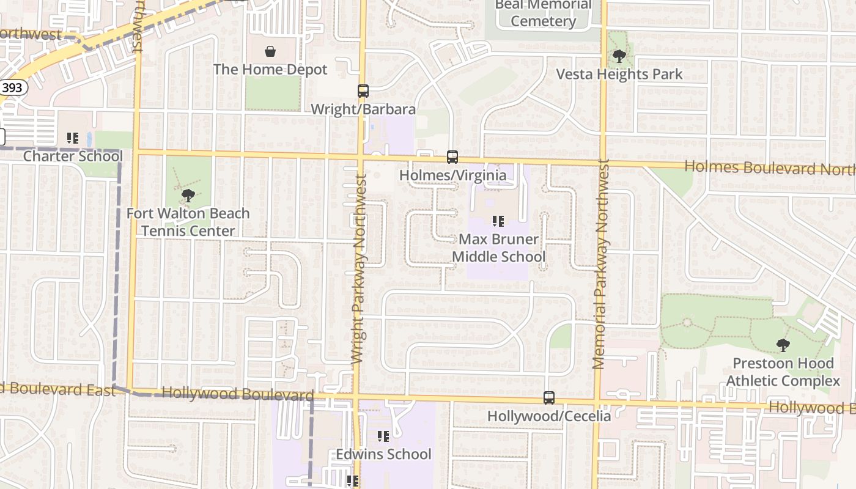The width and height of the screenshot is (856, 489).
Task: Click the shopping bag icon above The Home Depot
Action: (270, 51)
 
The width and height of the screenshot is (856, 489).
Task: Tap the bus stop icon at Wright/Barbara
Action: (363, 91)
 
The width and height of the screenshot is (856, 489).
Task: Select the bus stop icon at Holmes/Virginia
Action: (452, 157)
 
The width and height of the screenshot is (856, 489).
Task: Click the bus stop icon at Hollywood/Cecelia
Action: (549, 398)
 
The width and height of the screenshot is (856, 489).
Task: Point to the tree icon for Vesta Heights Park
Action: (619, 57)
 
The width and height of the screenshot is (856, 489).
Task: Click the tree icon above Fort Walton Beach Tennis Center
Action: (188, 196)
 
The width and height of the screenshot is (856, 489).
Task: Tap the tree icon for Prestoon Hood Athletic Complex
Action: (783, 345)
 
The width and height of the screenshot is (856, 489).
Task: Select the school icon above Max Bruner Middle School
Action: (498, 221)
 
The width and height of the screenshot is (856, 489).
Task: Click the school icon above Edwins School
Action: (383, 436)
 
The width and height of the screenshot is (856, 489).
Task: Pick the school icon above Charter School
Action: (73, 139)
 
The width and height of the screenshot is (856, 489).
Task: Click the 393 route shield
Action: (12, 87)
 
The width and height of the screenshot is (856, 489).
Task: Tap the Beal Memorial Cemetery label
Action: (544, 13)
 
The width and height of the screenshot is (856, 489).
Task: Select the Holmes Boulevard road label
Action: (769, 167)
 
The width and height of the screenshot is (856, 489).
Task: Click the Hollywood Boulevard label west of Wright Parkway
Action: (238, 394)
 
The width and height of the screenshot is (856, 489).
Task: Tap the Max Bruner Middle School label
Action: (498, 248)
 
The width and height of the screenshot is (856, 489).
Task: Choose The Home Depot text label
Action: (270, 70)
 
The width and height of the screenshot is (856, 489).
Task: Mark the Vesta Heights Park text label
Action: (619, 75)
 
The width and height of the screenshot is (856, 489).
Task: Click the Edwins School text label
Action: (383, 454)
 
